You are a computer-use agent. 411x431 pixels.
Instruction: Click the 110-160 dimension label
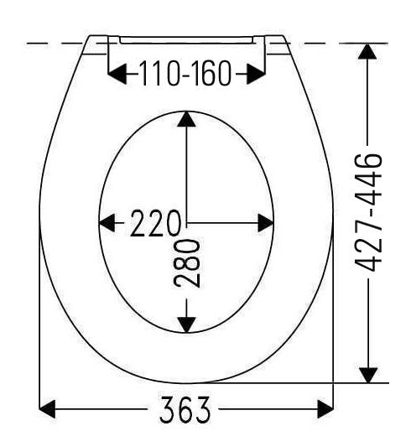click(x=185, y=73)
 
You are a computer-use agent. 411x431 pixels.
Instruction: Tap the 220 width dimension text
click(x=155, y=223)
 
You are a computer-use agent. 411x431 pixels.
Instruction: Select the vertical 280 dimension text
click(x=186, y=263)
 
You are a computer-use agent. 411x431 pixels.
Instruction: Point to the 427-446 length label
click(x=368, y=212)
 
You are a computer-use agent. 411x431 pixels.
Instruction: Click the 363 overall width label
click(x=185, y=410)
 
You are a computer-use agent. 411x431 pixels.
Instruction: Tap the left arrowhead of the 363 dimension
click(x=47, y=409)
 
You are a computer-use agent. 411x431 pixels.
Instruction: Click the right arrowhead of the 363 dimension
click(x=325, y=409)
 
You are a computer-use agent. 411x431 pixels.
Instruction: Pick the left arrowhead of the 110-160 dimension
click(x=117, y=74)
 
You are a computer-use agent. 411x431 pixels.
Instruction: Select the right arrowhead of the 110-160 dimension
click(x=256, y=74)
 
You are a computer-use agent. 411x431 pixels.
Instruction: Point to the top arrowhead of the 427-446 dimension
click(x=367, y=51)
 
